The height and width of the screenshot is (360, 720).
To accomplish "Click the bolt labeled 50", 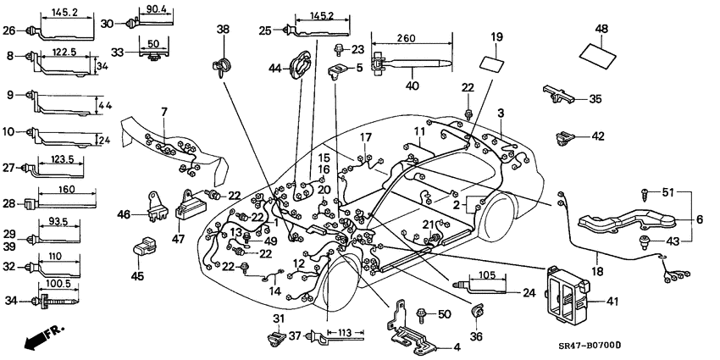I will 422,315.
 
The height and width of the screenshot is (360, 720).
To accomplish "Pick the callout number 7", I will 164,111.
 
